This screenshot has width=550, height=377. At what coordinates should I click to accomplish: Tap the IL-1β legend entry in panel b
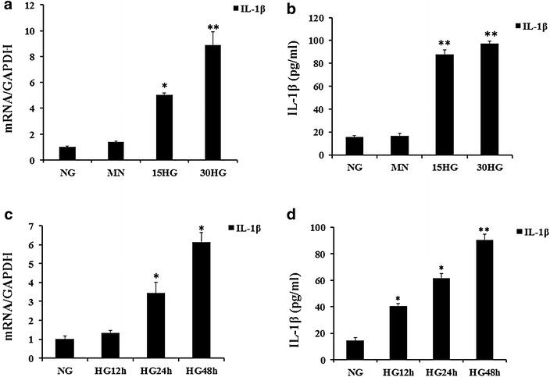click(x=530, y=27)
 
